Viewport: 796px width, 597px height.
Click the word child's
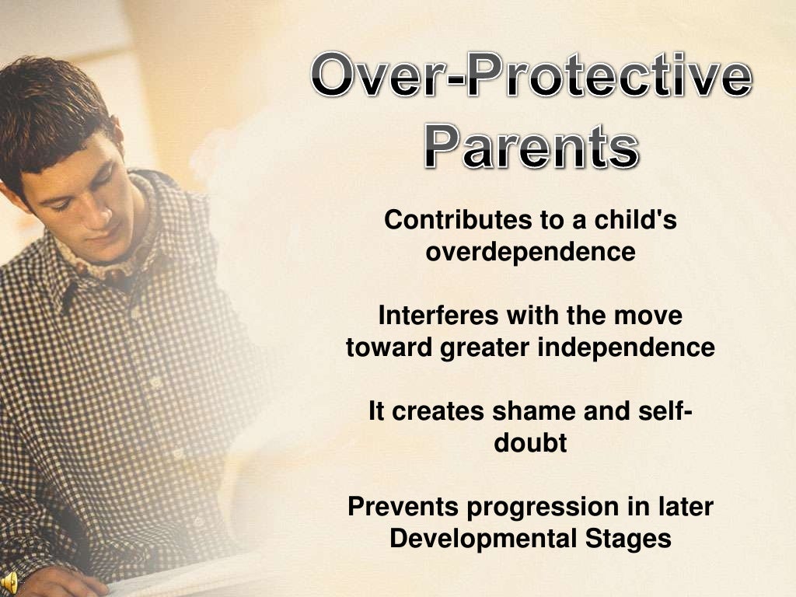pos(635,220)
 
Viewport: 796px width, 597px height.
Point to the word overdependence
pos(530,252)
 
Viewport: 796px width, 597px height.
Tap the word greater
pos(486,348)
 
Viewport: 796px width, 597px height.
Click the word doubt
pos(530,443)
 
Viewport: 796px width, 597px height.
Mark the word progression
pos(543,508)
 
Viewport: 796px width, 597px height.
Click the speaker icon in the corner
pos(9,583)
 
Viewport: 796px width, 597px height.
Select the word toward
pos(389,347)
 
